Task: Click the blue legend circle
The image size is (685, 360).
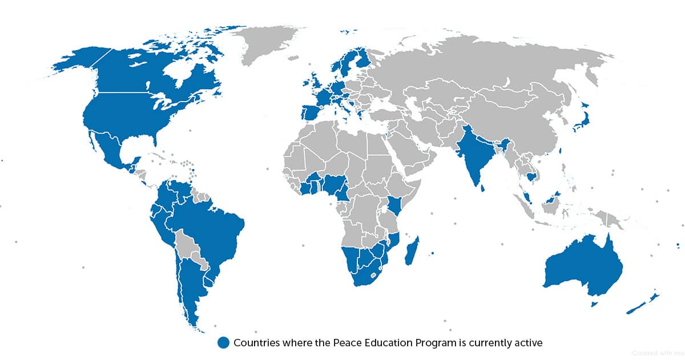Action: coord(223,342)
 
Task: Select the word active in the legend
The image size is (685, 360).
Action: coord(528,342)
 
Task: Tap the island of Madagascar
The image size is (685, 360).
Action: coord(412,252)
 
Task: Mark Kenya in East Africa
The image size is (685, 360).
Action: coord(394,205)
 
